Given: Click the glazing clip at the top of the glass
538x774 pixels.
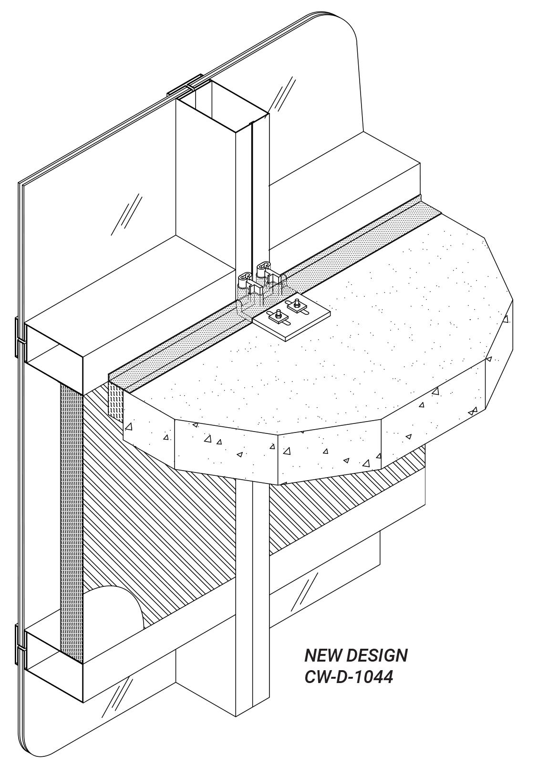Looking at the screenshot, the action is (185, 85).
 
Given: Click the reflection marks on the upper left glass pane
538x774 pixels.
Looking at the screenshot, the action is (126, 214).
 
